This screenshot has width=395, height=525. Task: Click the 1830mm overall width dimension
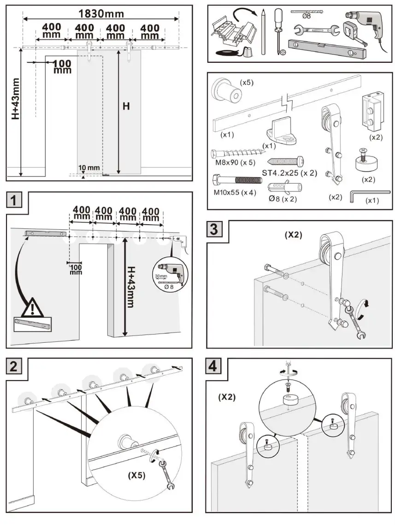coord(100,12)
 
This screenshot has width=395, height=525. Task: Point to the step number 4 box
coord(215,367)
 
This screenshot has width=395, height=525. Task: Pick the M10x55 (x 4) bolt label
coord(234,192)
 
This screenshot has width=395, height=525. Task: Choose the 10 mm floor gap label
coord(89,167)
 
